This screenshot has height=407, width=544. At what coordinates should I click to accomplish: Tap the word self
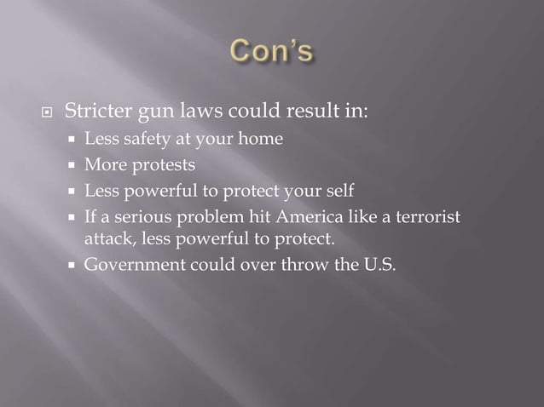pyautogui.click(x=330, y=189)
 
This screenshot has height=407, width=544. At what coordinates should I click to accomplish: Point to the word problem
pyautogui.click(x=200, y=215)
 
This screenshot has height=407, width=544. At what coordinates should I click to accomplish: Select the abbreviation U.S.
pyautogui.click(x=377, y=264)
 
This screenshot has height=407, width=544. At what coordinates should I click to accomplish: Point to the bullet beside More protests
pyautogui.click(x=74, y=164)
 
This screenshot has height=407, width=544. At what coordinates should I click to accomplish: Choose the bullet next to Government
pyautogui.click(x=74, y=265)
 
